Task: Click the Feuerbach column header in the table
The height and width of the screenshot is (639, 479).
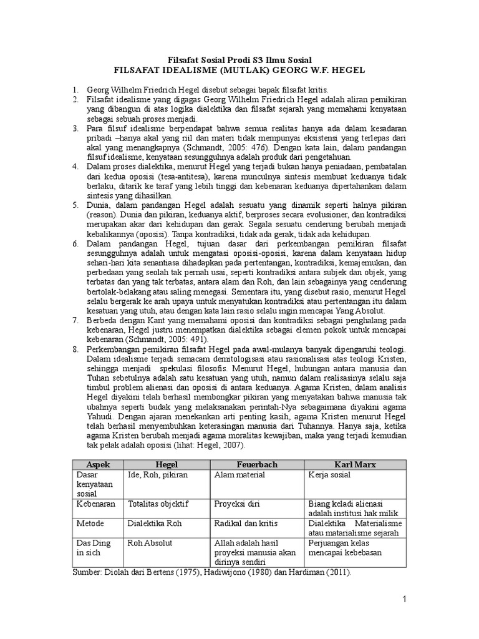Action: (x=256, y=465)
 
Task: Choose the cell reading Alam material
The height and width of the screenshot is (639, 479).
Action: (x=239, y=475)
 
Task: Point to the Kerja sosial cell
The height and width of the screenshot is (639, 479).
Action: (x=329, y=475)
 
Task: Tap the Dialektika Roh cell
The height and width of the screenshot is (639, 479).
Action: (x=154, y=524)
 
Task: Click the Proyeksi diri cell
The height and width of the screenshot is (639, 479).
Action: (x=237, y=504)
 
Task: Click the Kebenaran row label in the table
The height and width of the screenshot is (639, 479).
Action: (x=97, y=504)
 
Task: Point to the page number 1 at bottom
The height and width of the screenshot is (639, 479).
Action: (x=404, y=600)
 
